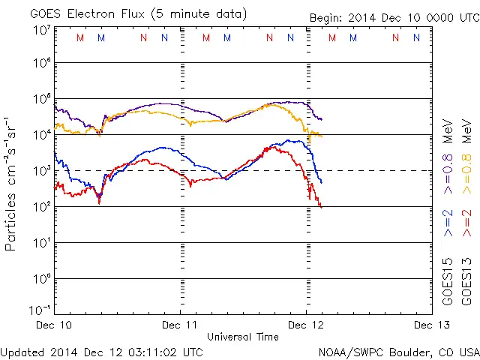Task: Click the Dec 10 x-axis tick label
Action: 54,325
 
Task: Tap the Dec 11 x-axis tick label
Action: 180,325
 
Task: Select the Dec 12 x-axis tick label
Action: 307,325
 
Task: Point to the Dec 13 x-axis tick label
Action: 432,325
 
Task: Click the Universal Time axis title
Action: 243,337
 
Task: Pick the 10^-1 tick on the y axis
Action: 40,309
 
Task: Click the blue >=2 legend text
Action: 448,223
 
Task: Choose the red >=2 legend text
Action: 466,223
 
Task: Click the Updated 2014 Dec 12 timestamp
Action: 101,351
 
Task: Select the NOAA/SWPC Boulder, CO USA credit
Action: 398,351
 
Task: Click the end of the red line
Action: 321,206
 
